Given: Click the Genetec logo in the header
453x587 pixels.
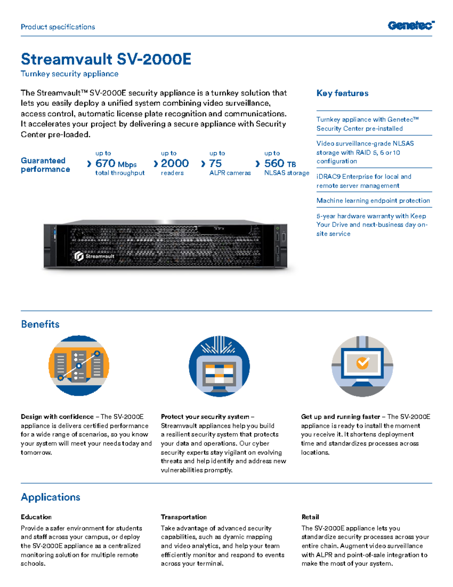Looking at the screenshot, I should tap(411, 26).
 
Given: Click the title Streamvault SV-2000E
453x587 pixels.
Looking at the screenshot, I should tap(106, 59).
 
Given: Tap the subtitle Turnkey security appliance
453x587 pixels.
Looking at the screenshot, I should tap(69, 74).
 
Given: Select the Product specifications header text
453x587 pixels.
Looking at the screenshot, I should tap(58, 27).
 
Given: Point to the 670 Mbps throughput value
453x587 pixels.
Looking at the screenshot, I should tap(116, 164).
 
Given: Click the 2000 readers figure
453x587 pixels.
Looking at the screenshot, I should tap(174, 163).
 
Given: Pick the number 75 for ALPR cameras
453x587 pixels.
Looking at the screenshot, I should tap(216, 163).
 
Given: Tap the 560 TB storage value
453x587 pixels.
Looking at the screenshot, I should tap(280, 164).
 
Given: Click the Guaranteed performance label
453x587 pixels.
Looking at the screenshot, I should tap(45, 165).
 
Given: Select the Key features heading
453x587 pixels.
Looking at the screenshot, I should tap(342, 93).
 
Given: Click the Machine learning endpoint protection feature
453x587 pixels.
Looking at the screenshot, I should tap(373, 201).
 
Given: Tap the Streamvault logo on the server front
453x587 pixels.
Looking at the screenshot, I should tap(95, 256).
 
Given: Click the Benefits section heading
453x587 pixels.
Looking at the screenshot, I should tap(40, 324).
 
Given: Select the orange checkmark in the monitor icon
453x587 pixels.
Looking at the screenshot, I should tap(362, 363).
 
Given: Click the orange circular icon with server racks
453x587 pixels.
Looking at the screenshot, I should tap(79, 366).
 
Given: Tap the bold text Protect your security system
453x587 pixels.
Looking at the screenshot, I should tap(205, 417).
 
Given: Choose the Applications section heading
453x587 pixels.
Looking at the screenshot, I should tap(51, 497).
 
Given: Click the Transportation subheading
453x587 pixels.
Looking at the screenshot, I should tap(184, 517).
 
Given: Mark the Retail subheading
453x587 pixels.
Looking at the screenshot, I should tap(310, 517).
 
